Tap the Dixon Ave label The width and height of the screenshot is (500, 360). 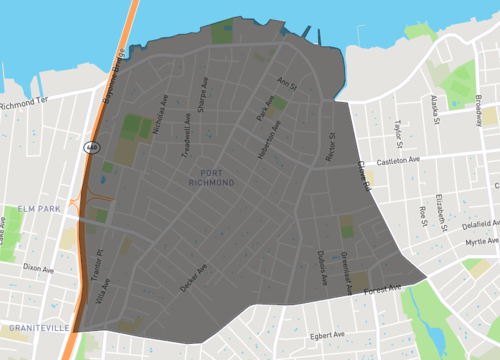tap(38, 267)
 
